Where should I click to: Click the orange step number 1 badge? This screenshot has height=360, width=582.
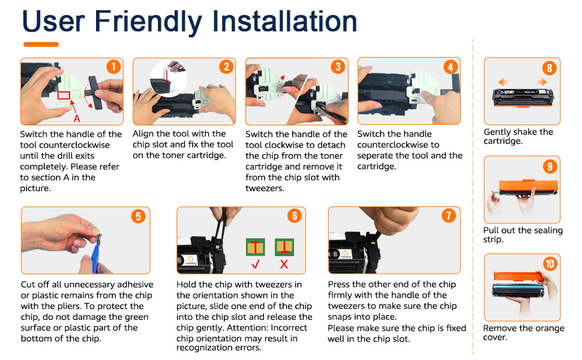point(113,67)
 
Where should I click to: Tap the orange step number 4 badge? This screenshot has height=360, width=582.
point(450,67)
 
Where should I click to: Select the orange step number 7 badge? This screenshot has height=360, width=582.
point(448,215)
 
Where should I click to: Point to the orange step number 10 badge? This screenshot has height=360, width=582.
point(550,263)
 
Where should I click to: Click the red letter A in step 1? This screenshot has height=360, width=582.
point(77,118)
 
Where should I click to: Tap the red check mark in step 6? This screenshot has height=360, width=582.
point(256,264)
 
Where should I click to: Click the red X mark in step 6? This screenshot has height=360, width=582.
point(284,264)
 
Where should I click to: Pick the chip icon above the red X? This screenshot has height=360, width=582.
point(284,247)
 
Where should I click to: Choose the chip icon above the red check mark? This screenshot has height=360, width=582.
point(256,247)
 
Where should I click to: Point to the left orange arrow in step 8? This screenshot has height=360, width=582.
point(503,82)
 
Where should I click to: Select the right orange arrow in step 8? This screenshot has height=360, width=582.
point(542,82)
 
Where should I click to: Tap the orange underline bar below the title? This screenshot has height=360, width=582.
point(41,44)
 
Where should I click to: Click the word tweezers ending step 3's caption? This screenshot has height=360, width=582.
point(265,188)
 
